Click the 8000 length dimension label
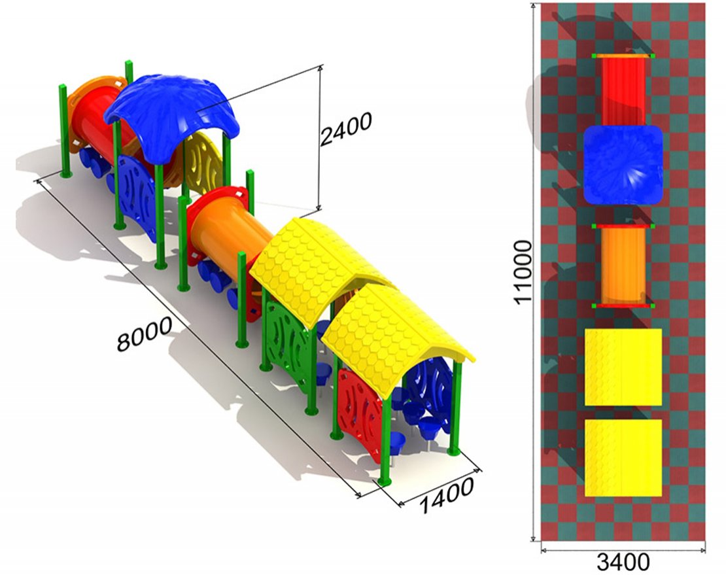pos(144,334)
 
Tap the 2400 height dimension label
pos(346,129)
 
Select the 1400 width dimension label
pos(447,495)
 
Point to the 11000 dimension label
pos(523,272)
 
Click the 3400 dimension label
pos(623,563)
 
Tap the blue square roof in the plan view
pos(623,165)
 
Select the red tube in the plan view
pos(623,90)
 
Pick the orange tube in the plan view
pos(623,266)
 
